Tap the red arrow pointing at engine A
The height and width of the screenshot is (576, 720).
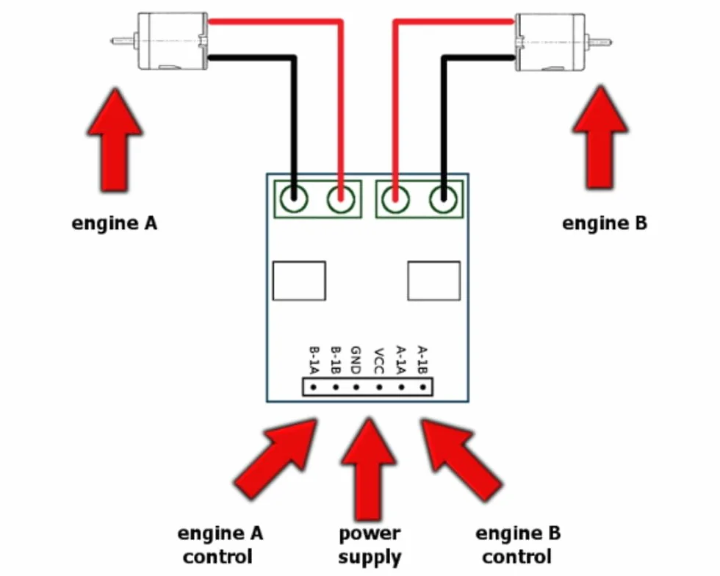[x=115, y=140]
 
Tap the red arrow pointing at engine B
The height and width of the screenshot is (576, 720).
[x=600, y=138]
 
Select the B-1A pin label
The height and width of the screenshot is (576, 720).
[x=314, y=360]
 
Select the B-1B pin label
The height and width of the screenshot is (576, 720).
[x=336, y=360]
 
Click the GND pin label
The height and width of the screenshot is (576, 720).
[x=356, y=360]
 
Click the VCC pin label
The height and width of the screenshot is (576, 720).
[x=379, y=361]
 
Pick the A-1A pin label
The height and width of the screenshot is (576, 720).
[x=401, y=360]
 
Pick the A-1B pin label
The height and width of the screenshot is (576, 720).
[x=422, y=360]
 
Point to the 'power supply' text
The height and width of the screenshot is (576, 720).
[x=370, y=545]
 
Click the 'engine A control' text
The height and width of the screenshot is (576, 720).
[x=220, y=544]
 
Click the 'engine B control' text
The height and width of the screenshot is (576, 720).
[x=517, y=544]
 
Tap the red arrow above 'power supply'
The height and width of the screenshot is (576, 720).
[x=369, y=469]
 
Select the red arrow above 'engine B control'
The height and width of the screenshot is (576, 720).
[x=461, y=459]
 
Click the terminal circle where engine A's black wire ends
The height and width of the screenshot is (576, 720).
[x=294, y=199]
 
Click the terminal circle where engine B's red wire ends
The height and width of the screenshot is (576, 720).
[x=395, y=199]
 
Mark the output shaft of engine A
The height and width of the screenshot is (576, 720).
[x=124, y=41]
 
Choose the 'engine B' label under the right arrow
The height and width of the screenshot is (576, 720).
[x=604, y=223]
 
